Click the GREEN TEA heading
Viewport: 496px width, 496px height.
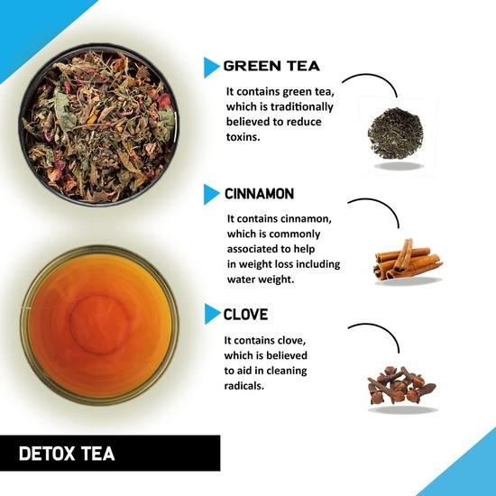pyautogui.click(x=271, y=66)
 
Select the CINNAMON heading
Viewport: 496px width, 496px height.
pyautogui.click(x=262, y=193)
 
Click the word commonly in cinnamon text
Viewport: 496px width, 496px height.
pyautogui.click(x=305, y=234)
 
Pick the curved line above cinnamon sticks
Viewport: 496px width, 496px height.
pyautogui.click(x=380, y=207)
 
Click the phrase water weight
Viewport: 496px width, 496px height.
pyautogui.click(x=267, y=279)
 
